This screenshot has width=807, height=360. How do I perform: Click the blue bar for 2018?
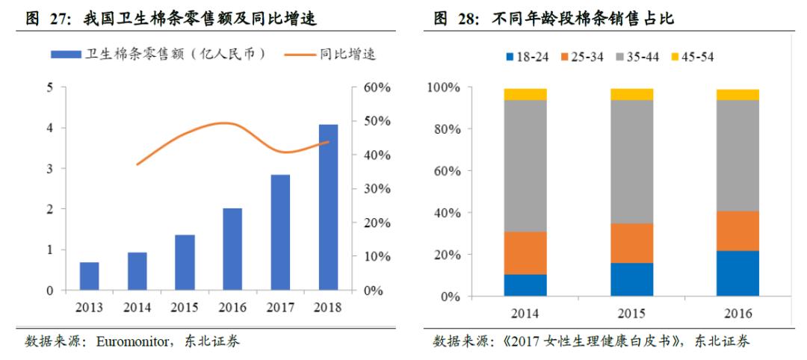[x=328, y=207]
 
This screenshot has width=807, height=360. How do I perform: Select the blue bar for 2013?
[x=90, y=276]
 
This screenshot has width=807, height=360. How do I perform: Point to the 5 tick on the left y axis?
[x=50, y=87]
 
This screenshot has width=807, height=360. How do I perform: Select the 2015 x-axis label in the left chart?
[x=185, y=306]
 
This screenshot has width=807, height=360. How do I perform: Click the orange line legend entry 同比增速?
[x=335, y=54]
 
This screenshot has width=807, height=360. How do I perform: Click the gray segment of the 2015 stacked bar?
[x=631, y=161]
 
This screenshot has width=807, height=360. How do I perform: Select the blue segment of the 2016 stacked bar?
[x=738, y=273]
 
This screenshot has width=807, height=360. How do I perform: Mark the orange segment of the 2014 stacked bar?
[x=525, y=253]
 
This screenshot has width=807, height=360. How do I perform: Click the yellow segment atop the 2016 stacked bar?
[x=738, y=94]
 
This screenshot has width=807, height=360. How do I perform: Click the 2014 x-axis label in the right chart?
[x=525, y=313]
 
